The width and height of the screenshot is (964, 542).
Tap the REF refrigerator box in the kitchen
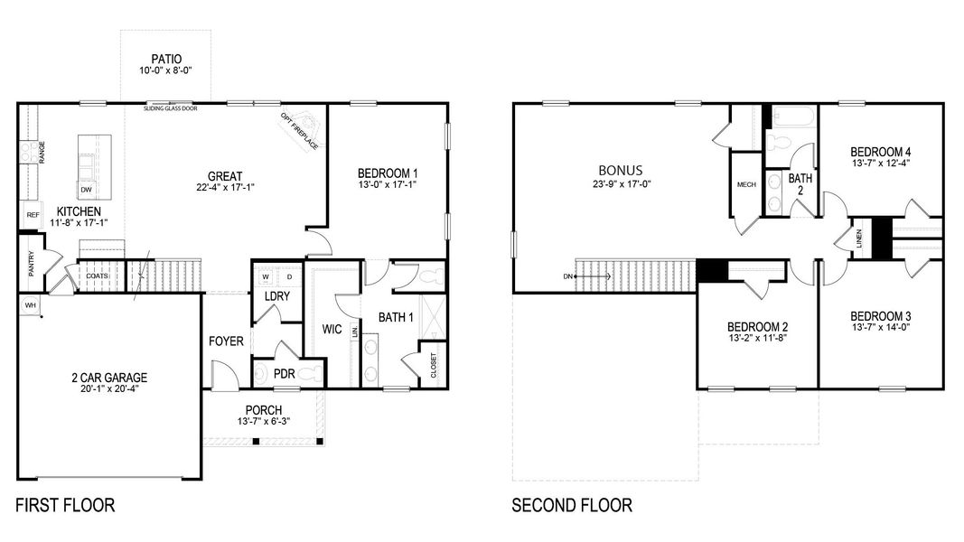tap(32, 215)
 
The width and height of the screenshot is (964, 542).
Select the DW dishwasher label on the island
tap(86, 190)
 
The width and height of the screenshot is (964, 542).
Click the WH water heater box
tap(30, 306)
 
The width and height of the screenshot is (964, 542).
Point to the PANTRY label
tap(30, 265)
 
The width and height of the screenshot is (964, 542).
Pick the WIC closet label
tap(332, 330)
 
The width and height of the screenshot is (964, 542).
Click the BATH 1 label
tap(396, 317)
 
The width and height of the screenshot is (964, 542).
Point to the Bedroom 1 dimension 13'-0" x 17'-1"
tap(387, 184)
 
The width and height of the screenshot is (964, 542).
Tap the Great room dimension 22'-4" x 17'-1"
tap(225, 189)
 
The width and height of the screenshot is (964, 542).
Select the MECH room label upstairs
tap(746, 184)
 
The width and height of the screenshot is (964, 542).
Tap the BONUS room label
tap(621, 170)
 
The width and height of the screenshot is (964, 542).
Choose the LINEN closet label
tap(859, 239)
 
